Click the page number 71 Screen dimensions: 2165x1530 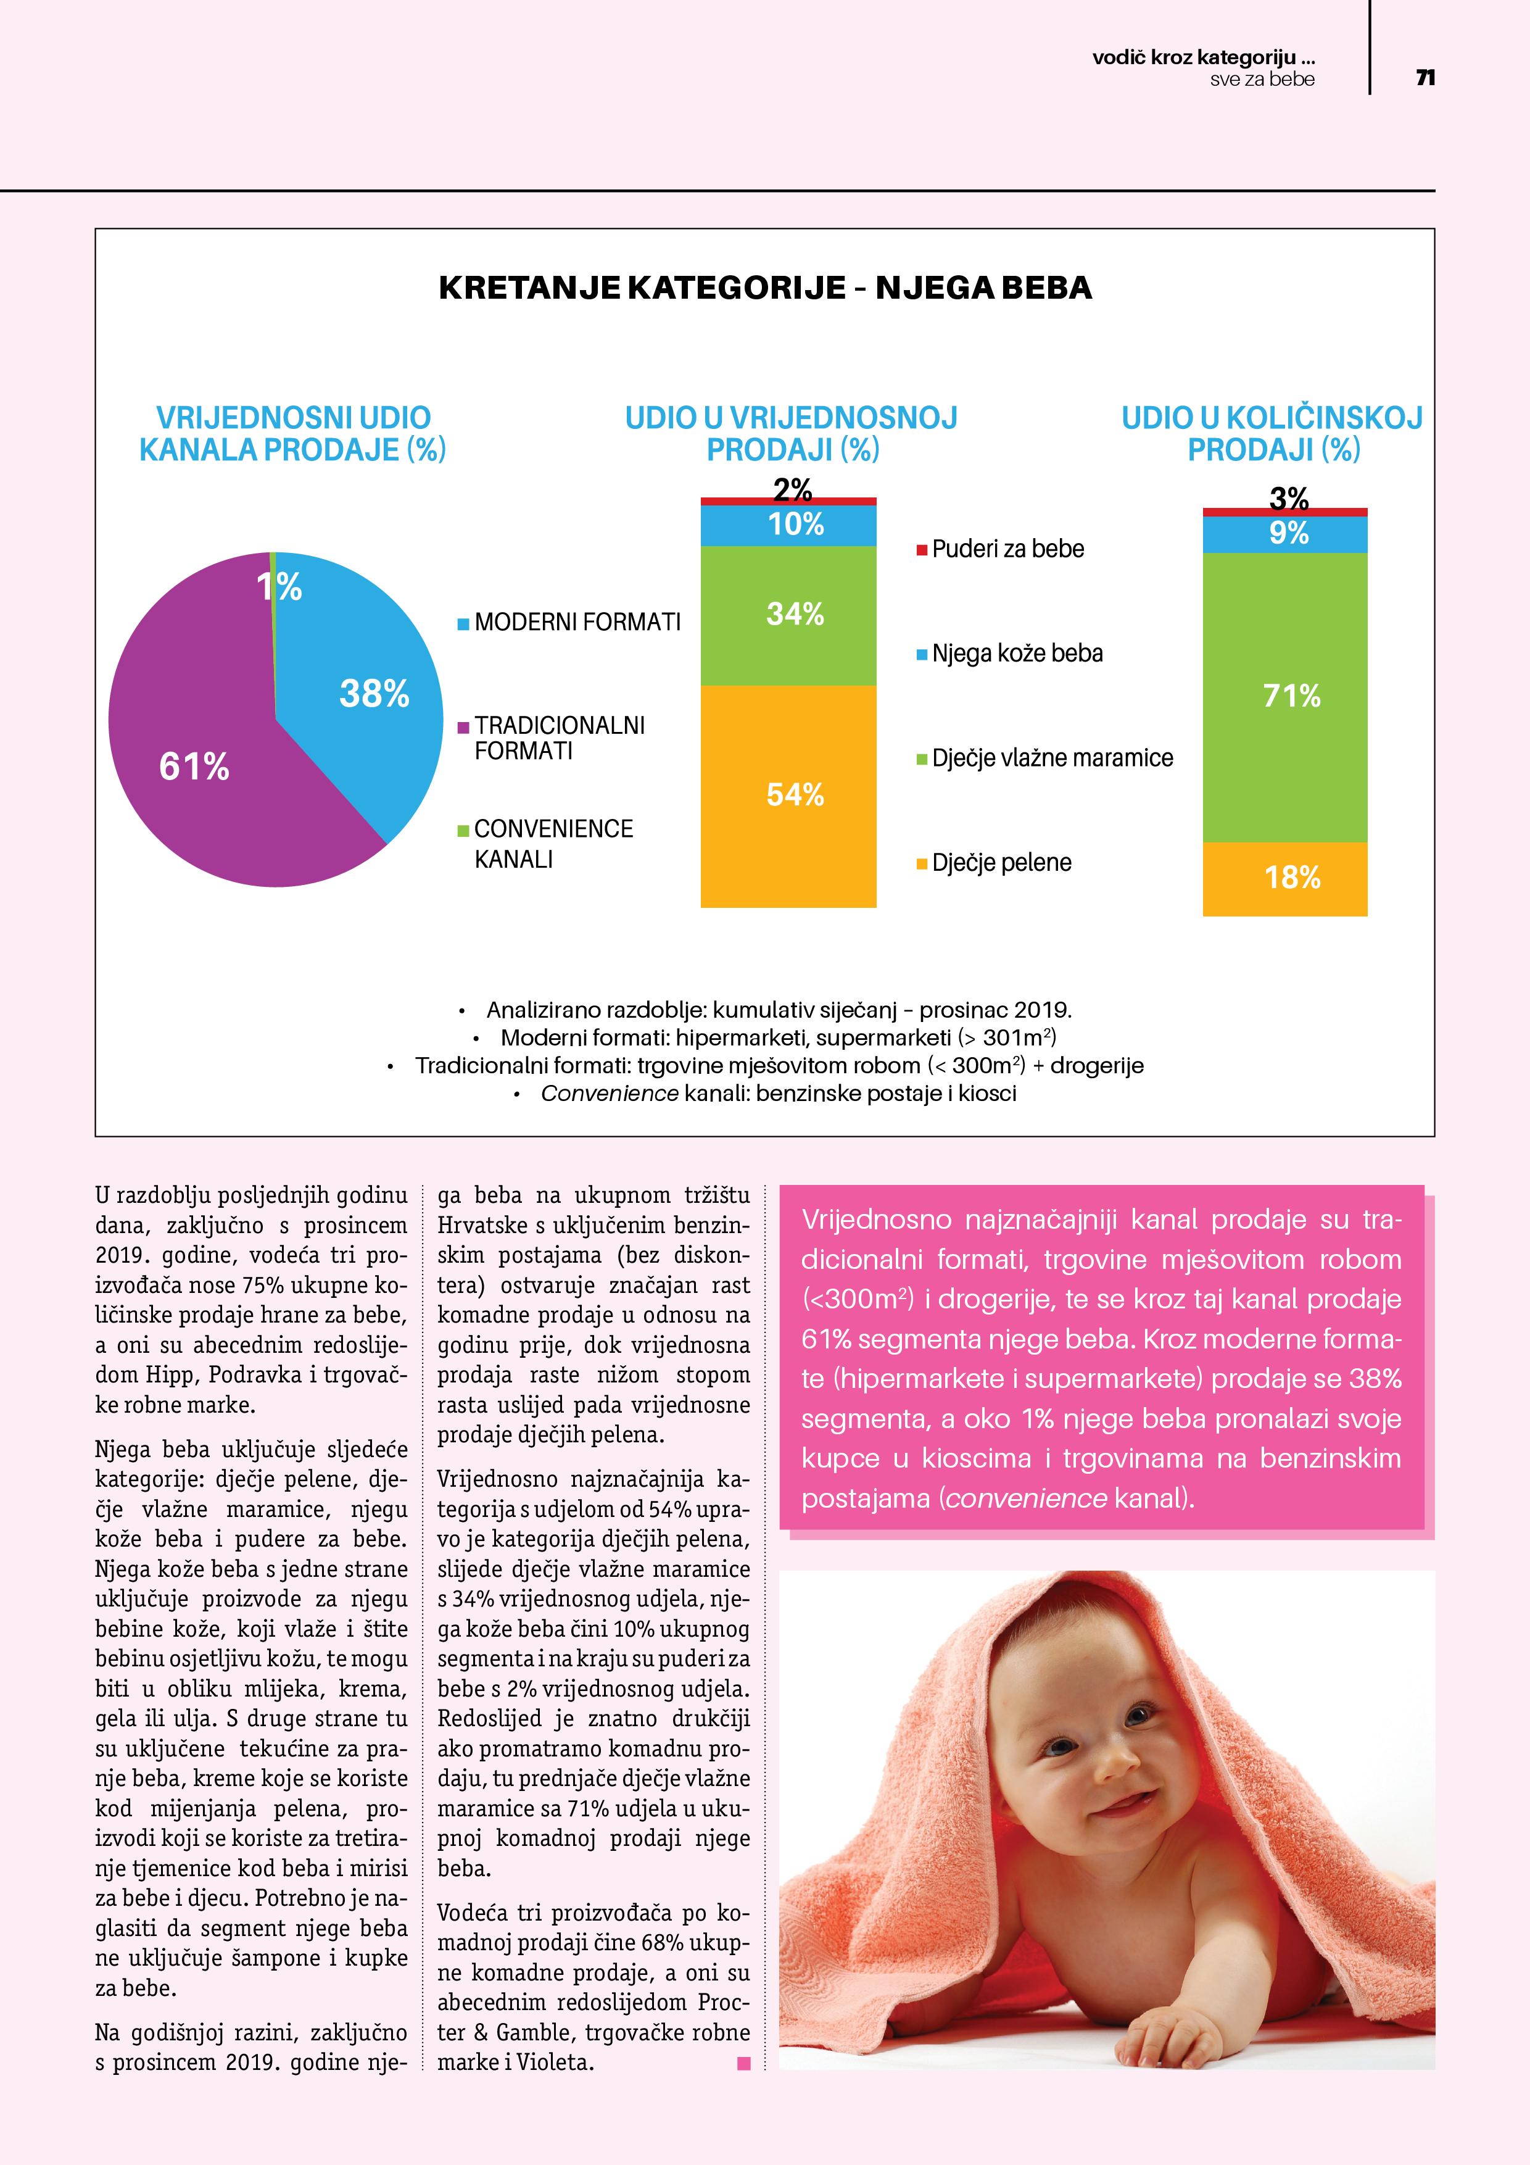point(1425,77)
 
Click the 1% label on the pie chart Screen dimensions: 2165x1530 point(279,588)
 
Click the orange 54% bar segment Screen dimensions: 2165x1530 point(788,795)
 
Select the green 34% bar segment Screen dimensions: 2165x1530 point(788,615)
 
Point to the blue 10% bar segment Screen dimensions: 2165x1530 point(788,524)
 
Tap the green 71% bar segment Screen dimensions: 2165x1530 point(1284,696)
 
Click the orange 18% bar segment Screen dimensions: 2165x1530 point(1284,878)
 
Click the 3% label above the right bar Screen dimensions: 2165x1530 point(1289,496)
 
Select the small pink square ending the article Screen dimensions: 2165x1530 point(744,2063)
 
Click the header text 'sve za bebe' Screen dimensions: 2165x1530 point(1262,80)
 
